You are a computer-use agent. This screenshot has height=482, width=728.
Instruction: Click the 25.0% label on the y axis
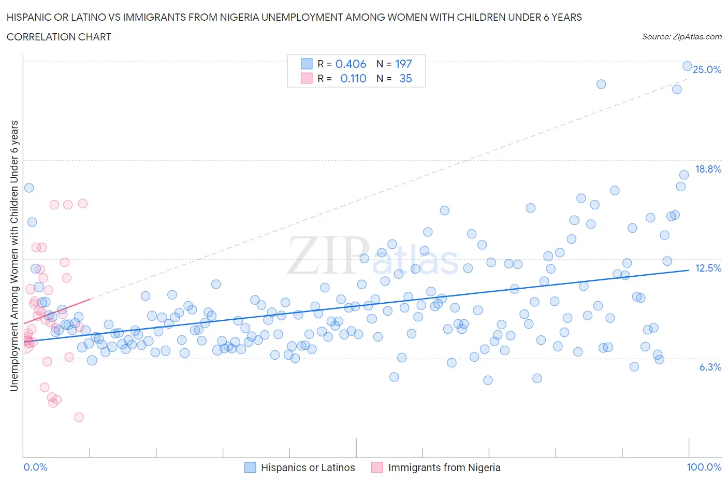707,69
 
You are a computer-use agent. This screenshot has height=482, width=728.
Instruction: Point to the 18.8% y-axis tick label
708,169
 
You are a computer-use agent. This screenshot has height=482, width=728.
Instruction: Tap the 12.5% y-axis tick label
708,268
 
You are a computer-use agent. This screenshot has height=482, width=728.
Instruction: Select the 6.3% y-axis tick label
710,367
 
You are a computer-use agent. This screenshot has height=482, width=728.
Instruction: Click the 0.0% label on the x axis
35,467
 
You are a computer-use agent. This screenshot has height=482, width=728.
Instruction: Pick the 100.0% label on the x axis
704,467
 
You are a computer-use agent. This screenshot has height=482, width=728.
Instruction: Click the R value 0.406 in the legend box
351,64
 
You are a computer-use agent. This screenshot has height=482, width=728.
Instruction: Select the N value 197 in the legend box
403,64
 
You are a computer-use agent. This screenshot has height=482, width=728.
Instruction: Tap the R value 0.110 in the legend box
353,78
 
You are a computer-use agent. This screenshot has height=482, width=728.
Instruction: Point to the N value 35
405,78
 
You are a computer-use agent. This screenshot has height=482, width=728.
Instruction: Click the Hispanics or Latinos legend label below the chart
308,467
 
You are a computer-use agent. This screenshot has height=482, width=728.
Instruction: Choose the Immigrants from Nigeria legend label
444,467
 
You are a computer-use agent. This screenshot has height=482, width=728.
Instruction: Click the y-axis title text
14,256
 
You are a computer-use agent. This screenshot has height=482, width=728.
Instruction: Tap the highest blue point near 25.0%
687,66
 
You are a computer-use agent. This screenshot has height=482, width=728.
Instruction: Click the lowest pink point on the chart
79,417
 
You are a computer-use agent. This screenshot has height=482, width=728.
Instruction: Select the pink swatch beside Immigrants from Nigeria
377,467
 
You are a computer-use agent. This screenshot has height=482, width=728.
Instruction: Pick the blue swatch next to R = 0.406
307,64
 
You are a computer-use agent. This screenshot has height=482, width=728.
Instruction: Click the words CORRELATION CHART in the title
59,37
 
